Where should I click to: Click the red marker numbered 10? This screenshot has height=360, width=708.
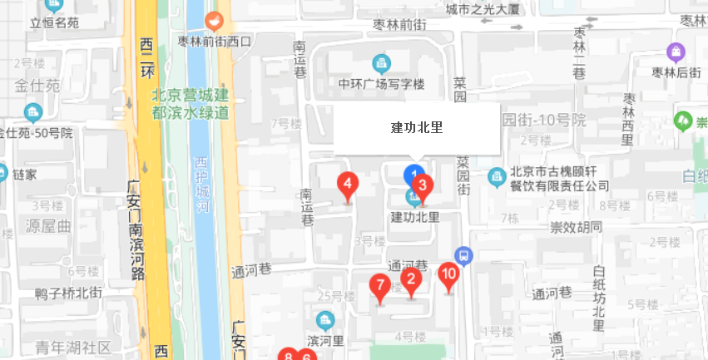click(x=449, y=275)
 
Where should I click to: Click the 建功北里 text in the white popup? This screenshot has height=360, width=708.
click(x=416, y=128)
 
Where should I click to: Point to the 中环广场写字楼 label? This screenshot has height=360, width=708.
click(x=382, y=84)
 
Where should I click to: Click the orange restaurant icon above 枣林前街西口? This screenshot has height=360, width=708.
click(x=215, y=21)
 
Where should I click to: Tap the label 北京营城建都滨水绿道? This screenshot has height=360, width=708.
click(x=191, y=103)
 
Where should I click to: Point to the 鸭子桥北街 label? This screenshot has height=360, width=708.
click(x=69, y=293)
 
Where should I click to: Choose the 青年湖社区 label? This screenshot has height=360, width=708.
click(x=73, y=347)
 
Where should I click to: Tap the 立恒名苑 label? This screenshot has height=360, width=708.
click(x=54, y=22)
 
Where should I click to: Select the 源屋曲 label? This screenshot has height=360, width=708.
click(x=49, y=226)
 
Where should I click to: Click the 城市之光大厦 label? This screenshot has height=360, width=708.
click(x=483, y=10)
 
